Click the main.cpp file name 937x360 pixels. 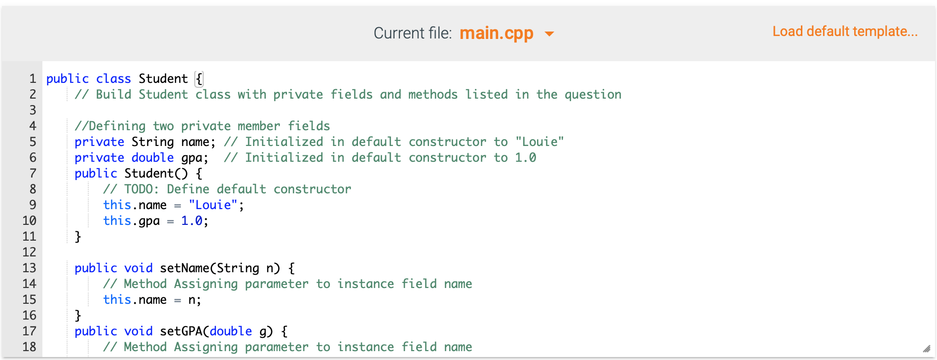tap(496, 34)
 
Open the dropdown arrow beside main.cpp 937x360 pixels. tap(549, 34)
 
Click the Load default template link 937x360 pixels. tap(845, 32)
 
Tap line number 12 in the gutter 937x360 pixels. tap(30, 252)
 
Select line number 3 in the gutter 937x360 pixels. tap(33, 110)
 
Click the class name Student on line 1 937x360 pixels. tap(163, 79)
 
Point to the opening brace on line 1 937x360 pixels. tap(199, 79)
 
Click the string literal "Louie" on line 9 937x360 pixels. tap(213, 205)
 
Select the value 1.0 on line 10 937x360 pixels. tap(192, 220)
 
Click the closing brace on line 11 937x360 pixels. tap(78, 237)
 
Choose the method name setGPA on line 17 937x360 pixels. tap(181, 331)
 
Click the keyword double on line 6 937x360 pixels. tap(152, 157)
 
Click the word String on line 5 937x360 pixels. tap(152, 142)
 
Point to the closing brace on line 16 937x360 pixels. tap(78, 316)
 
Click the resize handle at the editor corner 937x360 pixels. tap(926, 349)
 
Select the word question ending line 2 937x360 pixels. tap(593, 95)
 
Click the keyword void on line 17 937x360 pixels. tap(138, 331)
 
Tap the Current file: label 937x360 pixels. tap(412, 33)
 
